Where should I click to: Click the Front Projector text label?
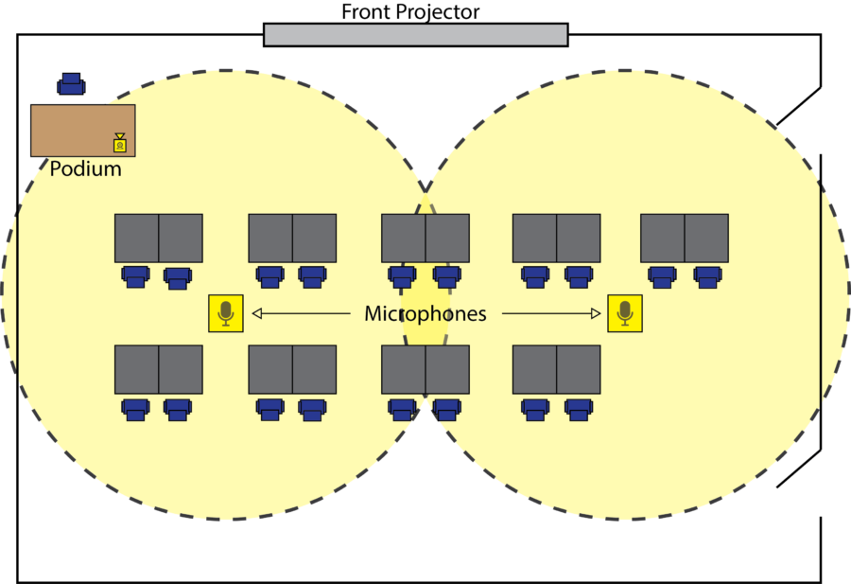click(x=410, y=12)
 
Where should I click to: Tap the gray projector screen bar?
click(x=415, y=35)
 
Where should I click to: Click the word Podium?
click(x=85, y=169)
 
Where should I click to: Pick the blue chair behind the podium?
click(x=71, y=84)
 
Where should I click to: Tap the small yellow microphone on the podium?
click(x=120, y=143)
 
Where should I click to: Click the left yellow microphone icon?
click(x=226, y=312)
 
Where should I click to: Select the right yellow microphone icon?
click(x=624, y=312)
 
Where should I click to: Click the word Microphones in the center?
click(x=425, y=313)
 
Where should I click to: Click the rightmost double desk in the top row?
click(x=685, y=238)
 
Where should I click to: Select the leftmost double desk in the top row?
click(x=158, y=238)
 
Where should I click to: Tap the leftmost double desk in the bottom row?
click(x=158, y=369)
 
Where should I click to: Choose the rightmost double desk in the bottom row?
click(x=556, y=369)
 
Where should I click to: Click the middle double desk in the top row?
click(x=425, y=238)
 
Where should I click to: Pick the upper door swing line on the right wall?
click(x=798, y=106)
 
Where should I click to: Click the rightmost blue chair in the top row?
click(x=706, y=276)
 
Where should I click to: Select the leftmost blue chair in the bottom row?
click(x=135, y=409)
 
